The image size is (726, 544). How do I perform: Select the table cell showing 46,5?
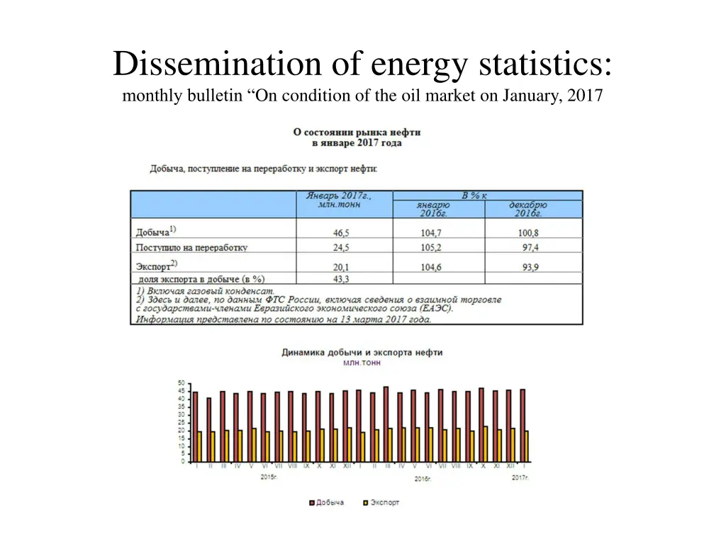point(341,232)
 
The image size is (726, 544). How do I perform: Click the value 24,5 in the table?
point(341,248)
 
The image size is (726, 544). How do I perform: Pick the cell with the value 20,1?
point(341,267)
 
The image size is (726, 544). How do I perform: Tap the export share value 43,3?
point(341,279)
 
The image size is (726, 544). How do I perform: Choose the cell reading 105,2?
point(430,248)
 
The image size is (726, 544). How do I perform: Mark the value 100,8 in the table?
point(528,232)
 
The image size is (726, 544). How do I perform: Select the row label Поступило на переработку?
point(191,248)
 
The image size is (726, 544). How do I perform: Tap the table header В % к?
point(474,195)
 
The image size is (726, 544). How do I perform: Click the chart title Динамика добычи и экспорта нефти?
point(362,352)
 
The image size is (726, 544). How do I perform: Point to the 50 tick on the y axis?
point(181,383)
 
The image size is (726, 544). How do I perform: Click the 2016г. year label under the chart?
point(424,479)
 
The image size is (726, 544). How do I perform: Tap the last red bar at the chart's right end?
point(523,425)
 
